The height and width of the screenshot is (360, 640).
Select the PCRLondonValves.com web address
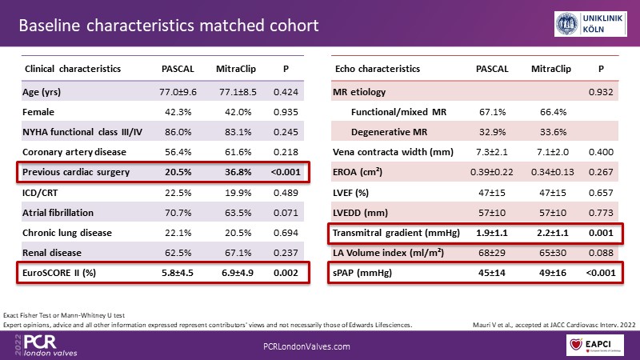[x=307, y=345]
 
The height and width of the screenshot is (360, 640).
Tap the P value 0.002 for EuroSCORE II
[x=286, y=273]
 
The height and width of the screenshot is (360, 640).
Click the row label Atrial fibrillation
[x=59, y=212]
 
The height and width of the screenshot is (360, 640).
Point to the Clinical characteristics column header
[x=74, y=70]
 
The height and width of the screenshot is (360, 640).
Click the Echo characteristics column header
[x=374, y=70]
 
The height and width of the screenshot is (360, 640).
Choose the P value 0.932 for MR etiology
[x=601, y=92]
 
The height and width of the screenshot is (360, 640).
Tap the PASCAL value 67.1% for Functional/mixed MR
[x=493, y=111]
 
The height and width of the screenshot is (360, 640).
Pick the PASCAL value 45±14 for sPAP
[x=492, y=273]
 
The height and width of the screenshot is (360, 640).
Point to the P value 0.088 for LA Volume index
[x=601, y=253]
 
